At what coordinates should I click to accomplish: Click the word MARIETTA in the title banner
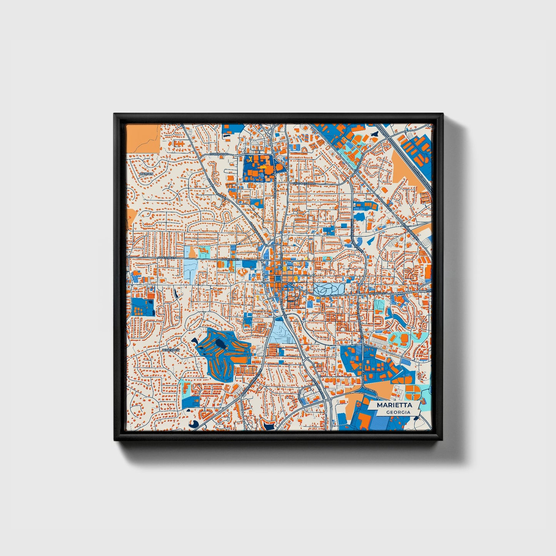[394, 405]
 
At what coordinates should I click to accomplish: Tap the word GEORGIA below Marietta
[398, 412]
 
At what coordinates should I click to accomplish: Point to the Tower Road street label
[219, 154]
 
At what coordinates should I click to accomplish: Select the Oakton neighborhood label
[146, 174]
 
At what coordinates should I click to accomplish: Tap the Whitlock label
[170, 350]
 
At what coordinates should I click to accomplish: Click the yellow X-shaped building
[250, 159]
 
